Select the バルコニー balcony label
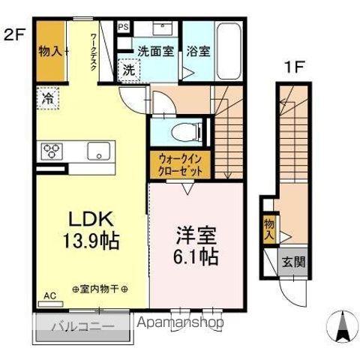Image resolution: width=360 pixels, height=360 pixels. pos(82,326)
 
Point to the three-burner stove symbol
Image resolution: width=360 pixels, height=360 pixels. pos(52,150)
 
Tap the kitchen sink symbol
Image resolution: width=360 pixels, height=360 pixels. pos(98,150)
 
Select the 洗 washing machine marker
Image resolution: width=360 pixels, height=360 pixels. pos(130,70)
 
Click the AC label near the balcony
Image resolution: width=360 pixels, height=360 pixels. pos(50,295)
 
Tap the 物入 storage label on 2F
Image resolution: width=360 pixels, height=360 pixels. pos(52,52)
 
